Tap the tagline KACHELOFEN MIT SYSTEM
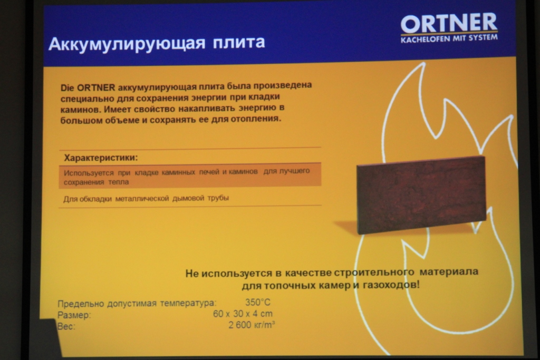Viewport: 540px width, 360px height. pos(449,38)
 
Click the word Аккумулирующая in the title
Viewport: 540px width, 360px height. pos(127,44)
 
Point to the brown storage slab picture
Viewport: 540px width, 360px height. pos(421,194)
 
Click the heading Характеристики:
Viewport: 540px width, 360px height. pos(101,158)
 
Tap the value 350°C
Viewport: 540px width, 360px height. pos(258,302)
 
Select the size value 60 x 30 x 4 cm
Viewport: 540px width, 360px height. pos(243,314)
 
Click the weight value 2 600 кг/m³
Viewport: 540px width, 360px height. pos(252,325)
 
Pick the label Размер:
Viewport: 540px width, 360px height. pos(74,315)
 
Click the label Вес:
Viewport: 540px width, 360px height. pos(66,326)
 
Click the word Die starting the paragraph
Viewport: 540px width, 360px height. pos(67,88)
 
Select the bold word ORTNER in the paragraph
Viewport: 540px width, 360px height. pos(96,87)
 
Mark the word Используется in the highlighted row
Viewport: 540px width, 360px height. pos(89,173)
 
